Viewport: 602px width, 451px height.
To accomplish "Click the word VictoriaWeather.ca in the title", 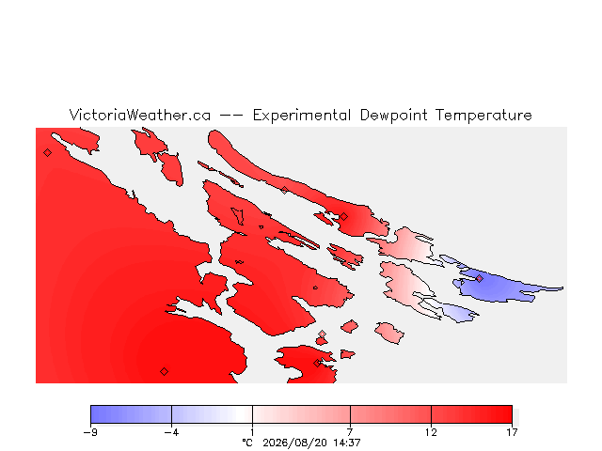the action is pyautogui.click(x=140, y=115).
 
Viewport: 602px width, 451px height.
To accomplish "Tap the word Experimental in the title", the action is pyautogui.click(x=302, y=116).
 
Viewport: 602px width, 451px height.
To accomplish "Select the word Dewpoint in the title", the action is pyautogui.click(x=393, y=116).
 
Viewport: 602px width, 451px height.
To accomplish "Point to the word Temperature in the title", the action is pyautogui.click(x=483, y=116).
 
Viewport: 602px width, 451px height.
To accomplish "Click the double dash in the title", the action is pyautogui.click(x=231, y=115).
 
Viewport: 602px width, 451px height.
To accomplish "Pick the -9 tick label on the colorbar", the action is pyautogui.click(x=90, y=432).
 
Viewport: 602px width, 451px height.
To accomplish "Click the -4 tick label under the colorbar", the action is pyautogui.click(x=171, y=432).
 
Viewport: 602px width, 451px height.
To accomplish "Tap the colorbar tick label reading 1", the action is pyautogui.click(x=252, y=432).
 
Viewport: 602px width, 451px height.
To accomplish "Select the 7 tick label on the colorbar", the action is pyautogui.click(x=350, y=432).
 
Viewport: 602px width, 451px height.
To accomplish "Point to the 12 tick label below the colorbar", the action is pyautogui.click(x=431, y=432).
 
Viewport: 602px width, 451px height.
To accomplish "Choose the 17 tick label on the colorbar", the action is pyautogui.click(x=512, y=432).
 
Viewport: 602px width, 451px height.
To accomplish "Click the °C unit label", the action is pyautogui.click(x=247, y=443).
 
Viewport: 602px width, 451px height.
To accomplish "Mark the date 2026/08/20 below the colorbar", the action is pyautogui.click(x=294, y=443).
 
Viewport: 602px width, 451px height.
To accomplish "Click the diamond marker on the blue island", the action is pyautogui.click(x=479, y=278).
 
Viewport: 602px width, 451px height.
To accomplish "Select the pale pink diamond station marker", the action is pyautogui.click(x=322, y=334).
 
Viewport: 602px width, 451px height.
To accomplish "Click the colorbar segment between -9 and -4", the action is pyautogui.click(x=131, y=414).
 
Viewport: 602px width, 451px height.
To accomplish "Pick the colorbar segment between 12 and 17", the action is pyautogui.click(x=471, y=414).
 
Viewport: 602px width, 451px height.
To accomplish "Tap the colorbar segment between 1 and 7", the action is pyautogui.click(x=301, y=414).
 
